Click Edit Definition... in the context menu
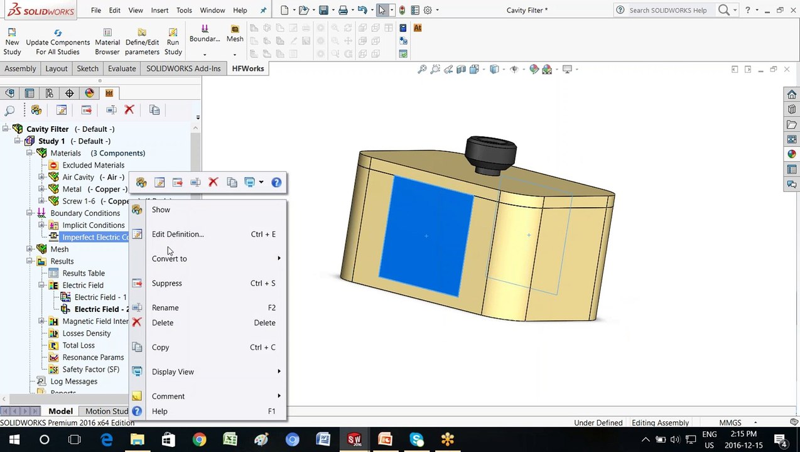(178, 234)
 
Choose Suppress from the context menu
(166, 283)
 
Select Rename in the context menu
(165, 308)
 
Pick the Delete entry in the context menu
(163, 323)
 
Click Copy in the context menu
(160, 347)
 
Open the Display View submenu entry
(173, 372)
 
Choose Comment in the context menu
(168, 396)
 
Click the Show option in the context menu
(161, 210)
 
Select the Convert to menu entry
(169, 259)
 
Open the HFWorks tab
(248, 68)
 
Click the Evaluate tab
(122, 68)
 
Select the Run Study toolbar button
(173, 42)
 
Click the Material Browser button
(107, 42)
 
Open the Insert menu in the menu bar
(159, 10)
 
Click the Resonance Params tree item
(93, 357)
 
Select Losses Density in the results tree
(86, 333)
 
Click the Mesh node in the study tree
(60, 249)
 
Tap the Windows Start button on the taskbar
(14, 439)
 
